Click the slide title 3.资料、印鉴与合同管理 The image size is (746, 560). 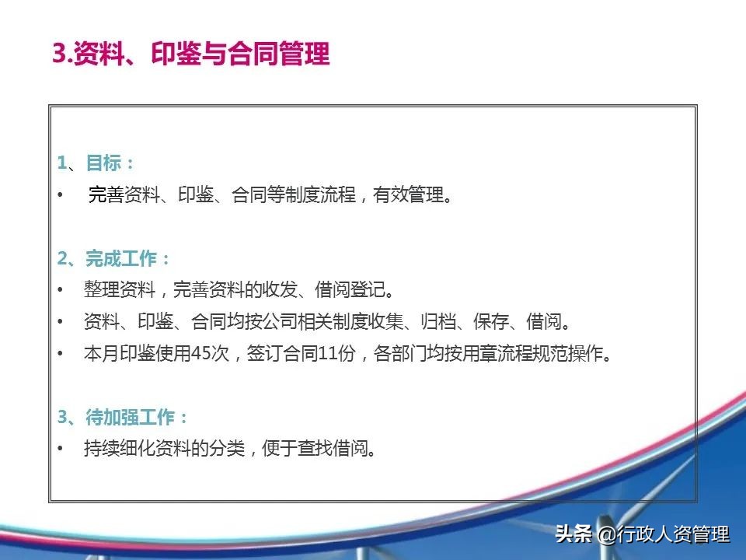coord(191,55)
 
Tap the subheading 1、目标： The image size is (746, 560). coord(96,163)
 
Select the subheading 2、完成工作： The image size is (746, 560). coord(114,259)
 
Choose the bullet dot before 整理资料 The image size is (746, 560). coord(61,291)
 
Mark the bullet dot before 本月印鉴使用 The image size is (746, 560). coord(61,354)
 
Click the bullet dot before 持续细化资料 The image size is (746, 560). coord(61,449)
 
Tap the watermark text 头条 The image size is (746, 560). coord(573,534)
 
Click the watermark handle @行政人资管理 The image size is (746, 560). coord(664,534)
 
